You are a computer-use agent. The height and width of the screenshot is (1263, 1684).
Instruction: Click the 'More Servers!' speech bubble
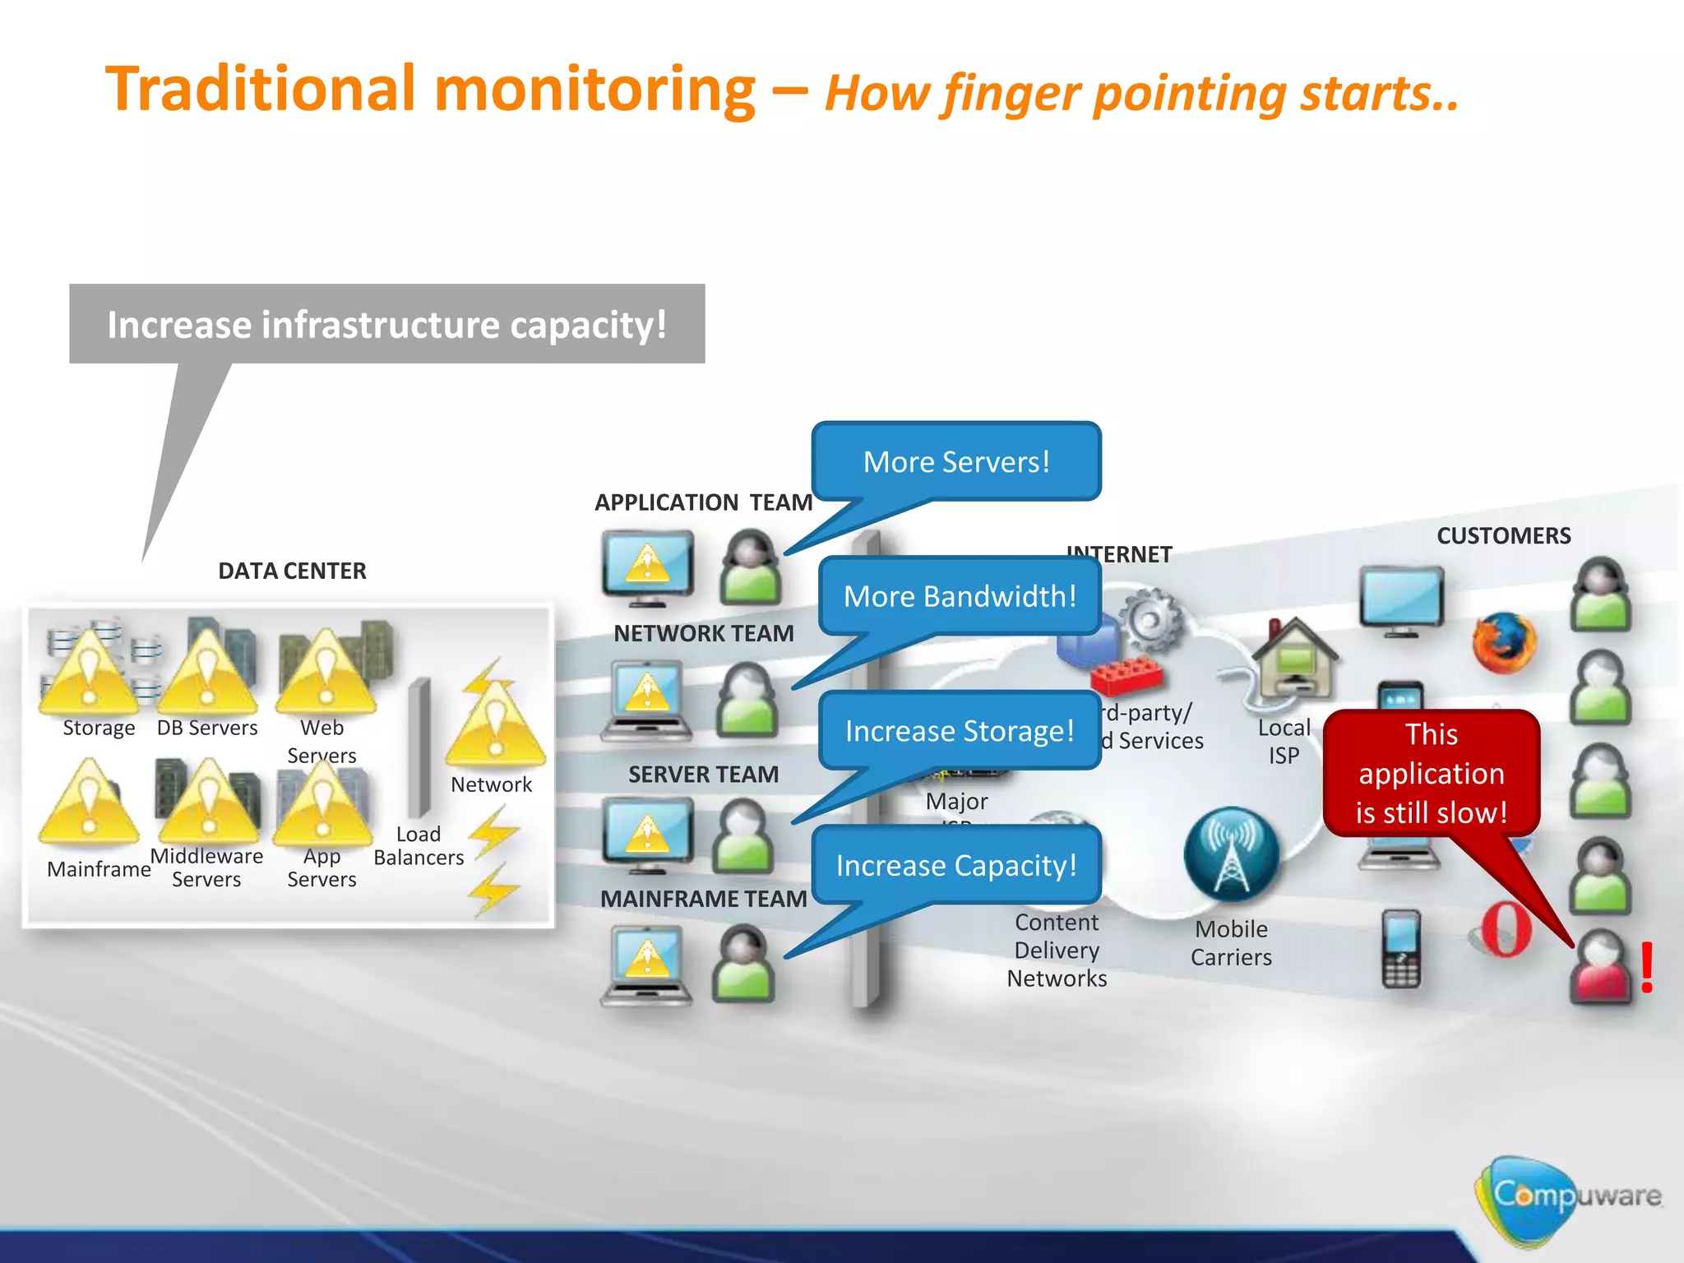click(955, 461)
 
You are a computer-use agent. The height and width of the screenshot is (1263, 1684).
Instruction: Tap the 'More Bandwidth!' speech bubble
click(960, 596)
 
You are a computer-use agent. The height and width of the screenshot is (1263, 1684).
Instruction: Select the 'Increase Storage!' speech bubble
click(960, 731)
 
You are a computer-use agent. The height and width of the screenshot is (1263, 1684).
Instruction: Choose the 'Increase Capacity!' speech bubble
click(955, 866)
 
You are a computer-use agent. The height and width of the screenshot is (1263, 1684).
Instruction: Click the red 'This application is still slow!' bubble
click(1431, 773)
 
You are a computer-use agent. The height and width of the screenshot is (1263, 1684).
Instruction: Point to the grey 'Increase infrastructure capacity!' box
click(386, 324)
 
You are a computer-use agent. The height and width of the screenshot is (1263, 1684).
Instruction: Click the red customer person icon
click(1599, 967)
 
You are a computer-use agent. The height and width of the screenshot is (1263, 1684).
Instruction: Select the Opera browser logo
click(1506, 929)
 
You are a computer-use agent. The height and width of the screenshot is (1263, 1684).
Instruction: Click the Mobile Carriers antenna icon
click(1231, 855)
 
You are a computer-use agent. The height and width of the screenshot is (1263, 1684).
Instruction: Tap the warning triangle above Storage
click(89, 670)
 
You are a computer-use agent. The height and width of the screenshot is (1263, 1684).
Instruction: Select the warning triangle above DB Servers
click(207, 670)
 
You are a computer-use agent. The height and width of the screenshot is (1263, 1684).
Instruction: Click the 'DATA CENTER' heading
click(292, 571)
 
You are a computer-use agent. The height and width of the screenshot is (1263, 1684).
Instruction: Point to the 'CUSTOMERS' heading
click(1503, 536)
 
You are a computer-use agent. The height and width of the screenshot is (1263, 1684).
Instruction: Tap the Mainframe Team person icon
click(743, 964)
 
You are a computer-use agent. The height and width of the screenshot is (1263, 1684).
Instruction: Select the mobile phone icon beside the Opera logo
click(1401, 948)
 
